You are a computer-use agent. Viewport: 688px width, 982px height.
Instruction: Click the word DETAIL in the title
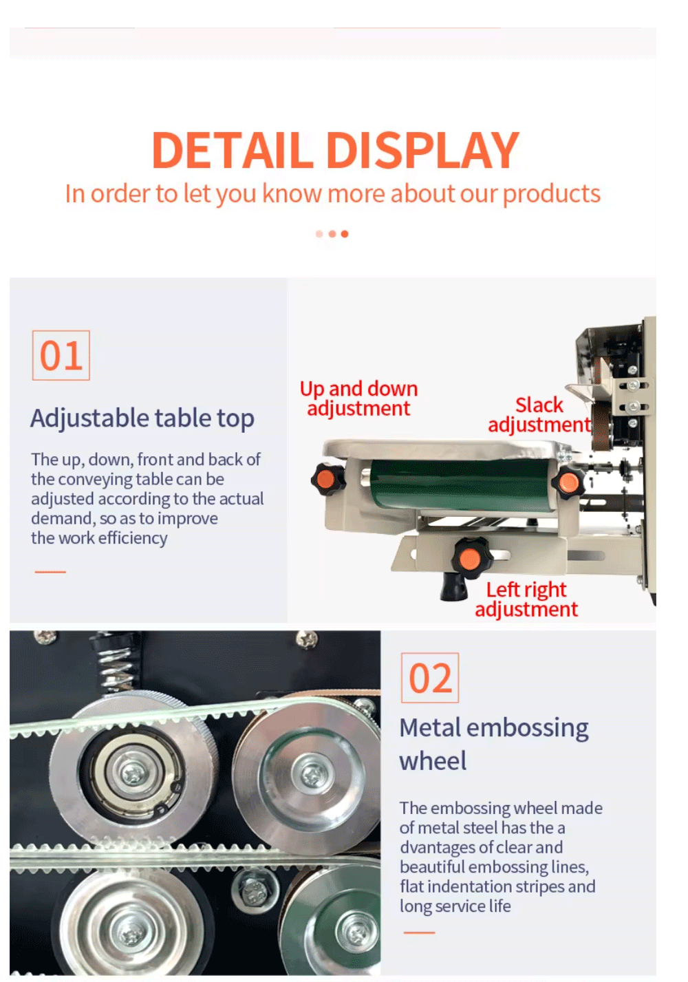233,151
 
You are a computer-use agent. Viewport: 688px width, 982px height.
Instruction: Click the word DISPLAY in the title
422,151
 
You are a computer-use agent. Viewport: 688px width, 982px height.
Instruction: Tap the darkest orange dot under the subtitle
345,234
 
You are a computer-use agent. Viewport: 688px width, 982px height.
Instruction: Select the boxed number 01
61,356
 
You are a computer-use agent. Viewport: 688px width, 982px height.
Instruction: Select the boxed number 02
430,678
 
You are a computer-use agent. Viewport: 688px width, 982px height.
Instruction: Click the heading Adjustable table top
142,418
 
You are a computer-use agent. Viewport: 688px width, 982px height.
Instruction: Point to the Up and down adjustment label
359,398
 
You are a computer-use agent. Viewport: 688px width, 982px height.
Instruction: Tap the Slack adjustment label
539,415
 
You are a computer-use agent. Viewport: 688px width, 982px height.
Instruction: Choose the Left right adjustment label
526,599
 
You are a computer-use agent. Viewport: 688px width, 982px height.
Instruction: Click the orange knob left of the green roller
328,479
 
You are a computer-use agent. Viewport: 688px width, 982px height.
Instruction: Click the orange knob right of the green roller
568,483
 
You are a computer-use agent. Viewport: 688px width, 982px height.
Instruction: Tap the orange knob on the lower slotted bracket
470,559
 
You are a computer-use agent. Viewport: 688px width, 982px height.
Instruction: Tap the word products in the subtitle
551,194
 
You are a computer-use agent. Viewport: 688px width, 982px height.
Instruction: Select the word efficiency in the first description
133,538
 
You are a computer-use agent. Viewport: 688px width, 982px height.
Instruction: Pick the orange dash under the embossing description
420,932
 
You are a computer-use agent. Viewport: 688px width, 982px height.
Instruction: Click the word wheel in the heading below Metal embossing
433,760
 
